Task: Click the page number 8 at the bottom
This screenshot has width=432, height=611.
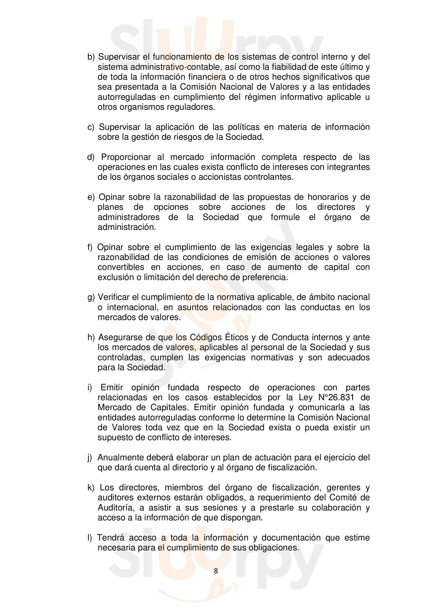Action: (x=216, y=571)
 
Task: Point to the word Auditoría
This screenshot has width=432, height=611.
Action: (x=115, y=508)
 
